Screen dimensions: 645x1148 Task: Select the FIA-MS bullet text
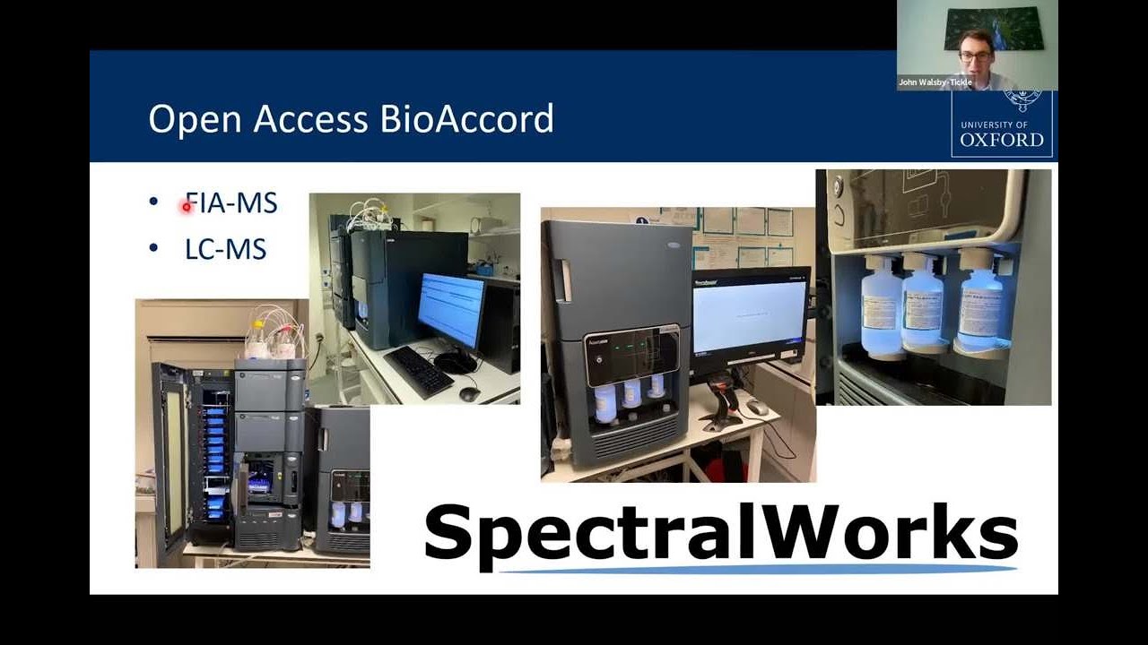(x=231, y=203)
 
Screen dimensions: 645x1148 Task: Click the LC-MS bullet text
(x=225, y=248)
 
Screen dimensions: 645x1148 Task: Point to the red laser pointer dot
(x=187, y=207)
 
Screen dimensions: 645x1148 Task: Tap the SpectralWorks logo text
(x=720, y=533)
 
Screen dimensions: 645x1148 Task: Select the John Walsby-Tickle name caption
(x=935, y=82)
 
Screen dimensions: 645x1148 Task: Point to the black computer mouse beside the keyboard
(x=469, y=392)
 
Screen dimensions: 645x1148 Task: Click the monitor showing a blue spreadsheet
(x=451, y=309)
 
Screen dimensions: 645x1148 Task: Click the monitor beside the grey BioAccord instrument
(x=749, y=320)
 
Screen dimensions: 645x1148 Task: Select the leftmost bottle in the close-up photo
(x=881, y=305)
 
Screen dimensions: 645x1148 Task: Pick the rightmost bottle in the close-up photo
(x=979, y=305)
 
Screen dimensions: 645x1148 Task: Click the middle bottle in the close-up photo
(x=924, y=305)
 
